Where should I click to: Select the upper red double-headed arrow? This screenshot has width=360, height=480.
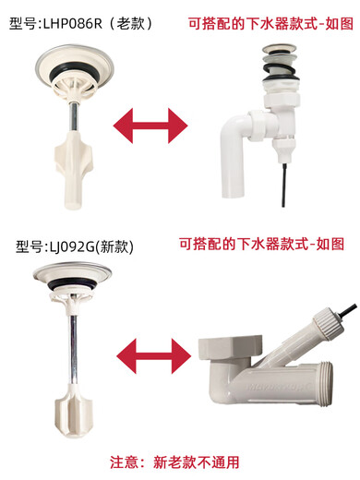click(144, 123)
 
